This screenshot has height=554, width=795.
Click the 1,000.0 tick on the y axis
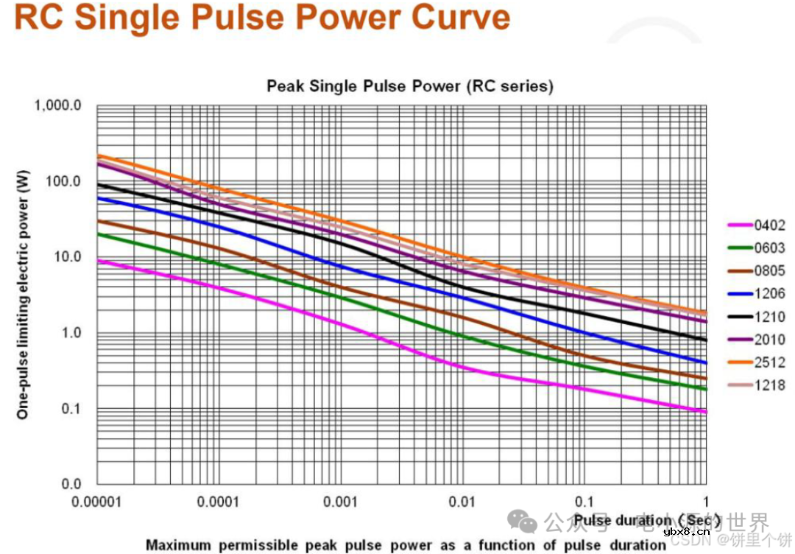click(57, 105)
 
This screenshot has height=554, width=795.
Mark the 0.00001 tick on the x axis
click(97, 502)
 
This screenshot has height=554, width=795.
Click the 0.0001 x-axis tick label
click(219, 502)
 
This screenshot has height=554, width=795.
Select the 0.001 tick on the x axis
click(341, 502)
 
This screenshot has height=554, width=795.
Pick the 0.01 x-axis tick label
click(462, 502)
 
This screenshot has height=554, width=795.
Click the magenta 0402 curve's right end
click(705, 411)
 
